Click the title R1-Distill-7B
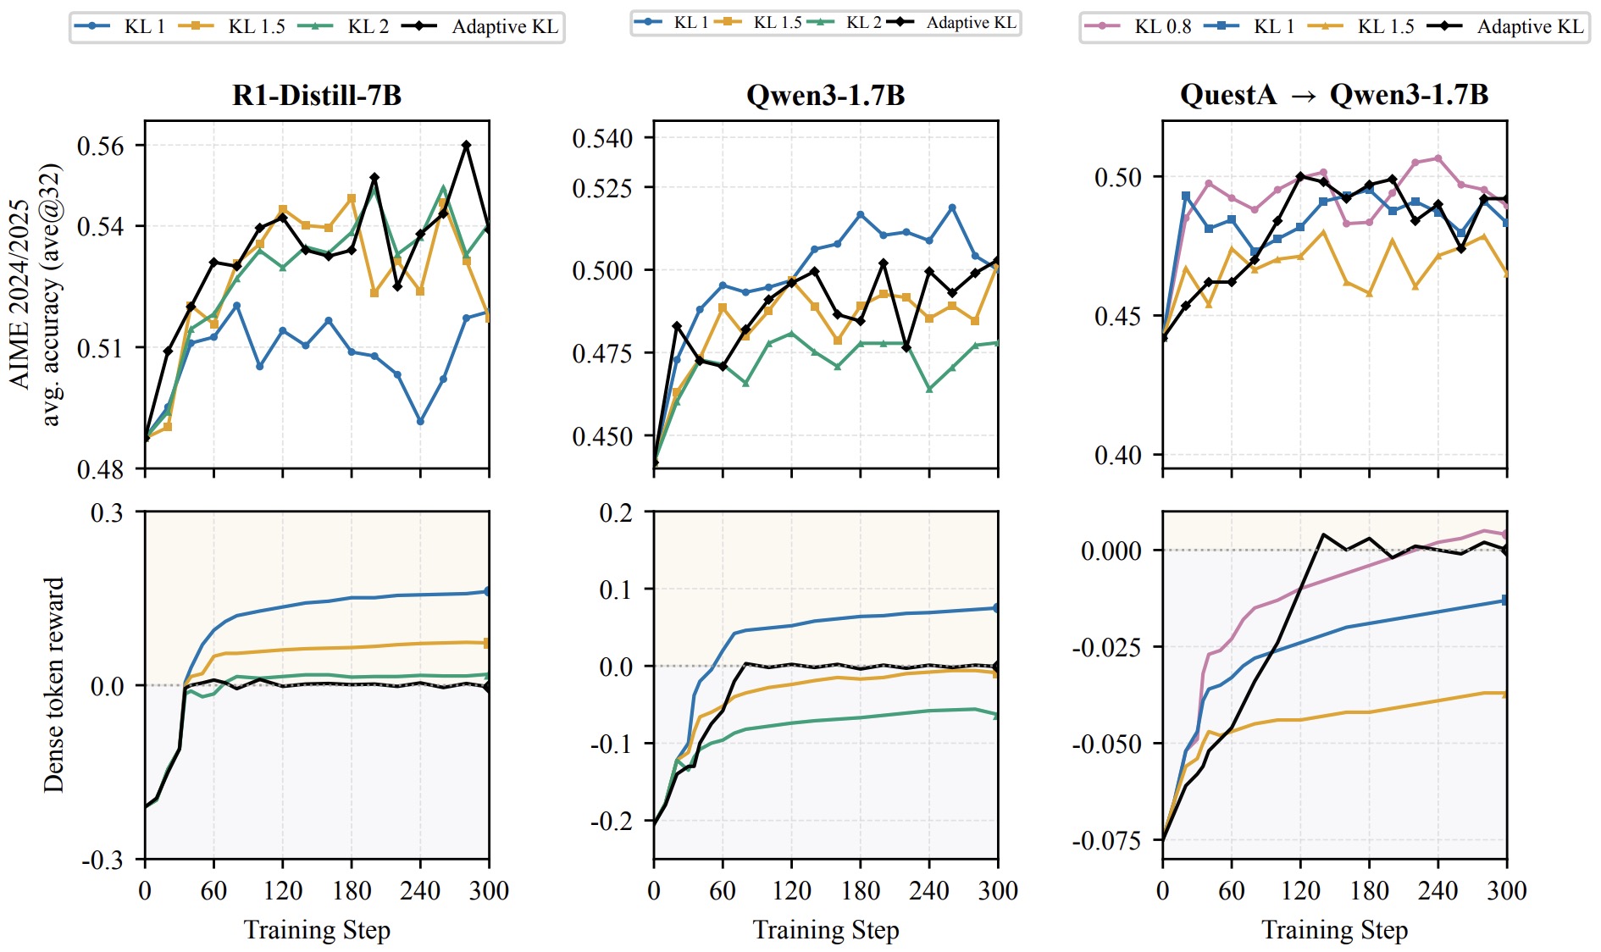[317, 95]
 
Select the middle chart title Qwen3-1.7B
[826, 95]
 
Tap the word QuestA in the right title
[1228, 95]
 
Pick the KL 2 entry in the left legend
[344, 26]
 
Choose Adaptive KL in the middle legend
[951, 22]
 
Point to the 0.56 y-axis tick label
[100, 146]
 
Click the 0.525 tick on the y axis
[602, 187]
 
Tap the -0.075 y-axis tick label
[1106, 841]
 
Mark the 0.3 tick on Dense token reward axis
[107, 512]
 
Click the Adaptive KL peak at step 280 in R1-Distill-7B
[466, 146]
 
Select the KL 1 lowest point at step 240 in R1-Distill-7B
[420, 421]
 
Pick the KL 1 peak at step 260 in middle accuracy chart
[952, 208]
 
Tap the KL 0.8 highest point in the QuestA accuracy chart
[1438, 158]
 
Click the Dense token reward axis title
[54, 685]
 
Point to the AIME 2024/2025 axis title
[19, 294]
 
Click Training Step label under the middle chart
[826, 930]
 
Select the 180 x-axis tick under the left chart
[352, 890]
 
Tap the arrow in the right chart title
[1304, 97]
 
